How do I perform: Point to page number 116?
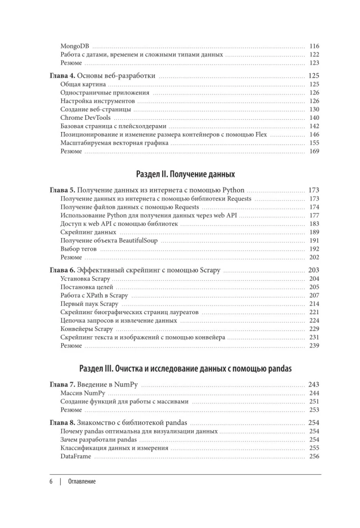pos(315,46)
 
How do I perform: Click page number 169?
pos(315,152)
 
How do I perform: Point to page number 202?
pos(315,258)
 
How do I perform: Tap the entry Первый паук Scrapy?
pos(89,304)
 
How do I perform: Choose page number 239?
pos(315,346)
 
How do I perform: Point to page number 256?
pos(315,457)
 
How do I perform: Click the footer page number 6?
pos(51,482)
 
